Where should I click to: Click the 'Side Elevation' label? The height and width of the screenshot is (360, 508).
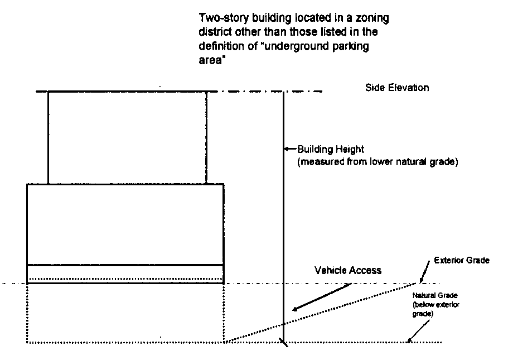click(x=397, y=88)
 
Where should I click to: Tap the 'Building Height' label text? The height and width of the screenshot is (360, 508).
click(x=330, y=149)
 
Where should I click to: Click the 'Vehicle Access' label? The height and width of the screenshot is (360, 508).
click(x=348, y=271)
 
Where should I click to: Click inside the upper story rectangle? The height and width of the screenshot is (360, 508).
click(x=127, y=137)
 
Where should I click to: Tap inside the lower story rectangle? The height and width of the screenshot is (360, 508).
click(x=125, y=223)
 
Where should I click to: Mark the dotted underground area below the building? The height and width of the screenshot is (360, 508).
click(x=125, y=313)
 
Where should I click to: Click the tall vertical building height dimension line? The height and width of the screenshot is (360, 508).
click(x=284, y=223)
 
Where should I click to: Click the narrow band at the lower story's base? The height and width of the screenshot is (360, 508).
click(x=125, y=273)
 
